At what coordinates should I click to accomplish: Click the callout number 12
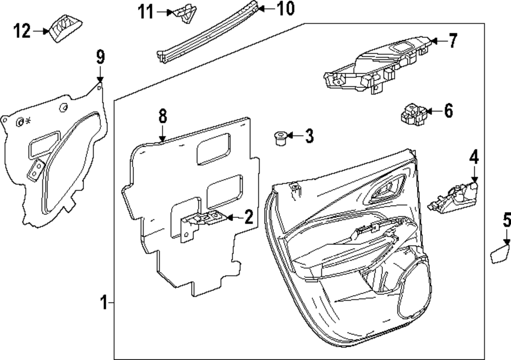tap(22, 32)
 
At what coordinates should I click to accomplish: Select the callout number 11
tap(146, 12)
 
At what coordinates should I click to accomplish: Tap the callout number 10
tap(286, 8)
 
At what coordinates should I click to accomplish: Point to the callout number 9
tap(100, 56)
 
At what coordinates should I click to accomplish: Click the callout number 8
tap(162, 116)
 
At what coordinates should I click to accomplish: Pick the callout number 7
tap(453, 40)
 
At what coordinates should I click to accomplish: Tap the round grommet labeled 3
tap(279, 138)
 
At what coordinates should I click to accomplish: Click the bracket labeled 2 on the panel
tap(202, 220)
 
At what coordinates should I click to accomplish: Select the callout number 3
tap(309, 137)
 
